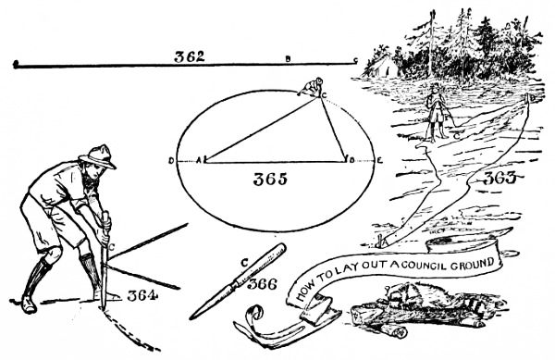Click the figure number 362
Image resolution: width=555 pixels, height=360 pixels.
pyautogui.click(x=190, y=56)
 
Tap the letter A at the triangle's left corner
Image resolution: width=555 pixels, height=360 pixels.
pyautogui.click(x=198, y=160)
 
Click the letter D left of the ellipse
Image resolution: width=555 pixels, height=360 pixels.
pyautogui.click(x=172, y=160)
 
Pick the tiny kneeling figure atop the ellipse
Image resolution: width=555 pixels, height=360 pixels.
pyautogui.click(x=311, y=86)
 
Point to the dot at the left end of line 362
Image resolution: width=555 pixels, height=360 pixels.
pyautogui.click(x=16, y=64)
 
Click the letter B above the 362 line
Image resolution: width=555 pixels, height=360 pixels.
pyautogui.click(x=288, y=59)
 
